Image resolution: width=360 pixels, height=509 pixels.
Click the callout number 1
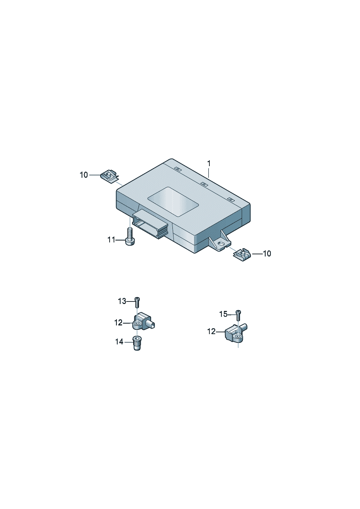tap(209, 164)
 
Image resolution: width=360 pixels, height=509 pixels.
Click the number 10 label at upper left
tap(83, 175)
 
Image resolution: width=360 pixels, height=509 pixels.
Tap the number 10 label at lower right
tap(267, 254)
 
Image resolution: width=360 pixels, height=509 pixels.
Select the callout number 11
tap(111, 240)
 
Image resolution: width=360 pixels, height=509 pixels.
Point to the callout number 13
tap(122, 301)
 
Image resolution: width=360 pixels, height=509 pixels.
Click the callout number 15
tap(223, 314)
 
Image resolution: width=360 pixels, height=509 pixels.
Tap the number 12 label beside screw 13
tap(118, 323)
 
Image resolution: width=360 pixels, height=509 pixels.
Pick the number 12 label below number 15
tap(211, 332)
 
